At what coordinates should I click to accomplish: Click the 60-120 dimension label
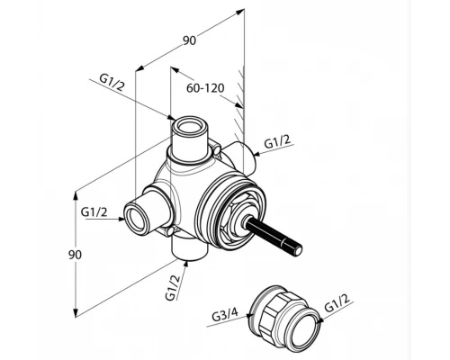pyautogui.click(x=205, y=88)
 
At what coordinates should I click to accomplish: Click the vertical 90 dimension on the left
pyautogui.click(x=75, y=255)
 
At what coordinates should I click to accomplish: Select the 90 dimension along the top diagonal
pyautogui.click(x=190, y=40)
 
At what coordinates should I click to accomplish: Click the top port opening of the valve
pyautogui.click(x=189, y=126)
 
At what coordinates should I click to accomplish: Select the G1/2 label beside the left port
pyautogui.click(x=94, y=212)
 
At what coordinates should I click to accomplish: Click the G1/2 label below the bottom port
pyautogui.click(x=174, y=287)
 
